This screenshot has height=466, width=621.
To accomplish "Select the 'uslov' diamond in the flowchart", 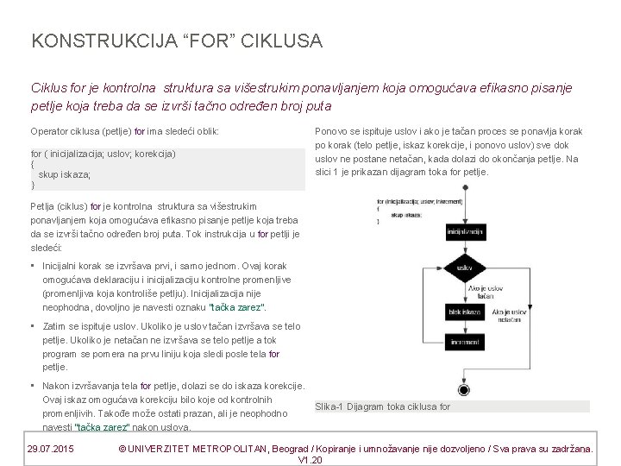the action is pyautogui.click(x=465, y=268).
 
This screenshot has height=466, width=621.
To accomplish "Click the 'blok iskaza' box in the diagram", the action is pyautogui.click(x=464, y=311).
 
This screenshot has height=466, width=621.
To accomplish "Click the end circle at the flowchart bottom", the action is pyautogui.click(x=464, y=390).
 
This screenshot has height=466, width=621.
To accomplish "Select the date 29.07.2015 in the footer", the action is pyautogui.click(x=50, y=449).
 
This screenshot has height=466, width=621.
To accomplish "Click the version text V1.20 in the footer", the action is pyautogui.click(x=309, y=460).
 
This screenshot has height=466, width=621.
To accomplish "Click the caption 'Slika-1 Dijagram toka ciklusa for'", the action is pyautogui.click(x=383, y=406).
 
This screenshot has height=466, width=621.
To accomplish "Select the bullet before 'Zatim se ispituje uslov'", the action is pyautogui.click(x=32, y=326).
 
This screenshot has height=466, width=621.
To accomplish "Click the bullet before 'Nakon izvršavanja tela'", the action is pyautogui.click(x=32, y=386).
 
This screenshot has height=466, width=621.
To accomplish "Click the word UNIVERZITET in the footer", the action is pyautogui.click(x=171, y=449).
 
